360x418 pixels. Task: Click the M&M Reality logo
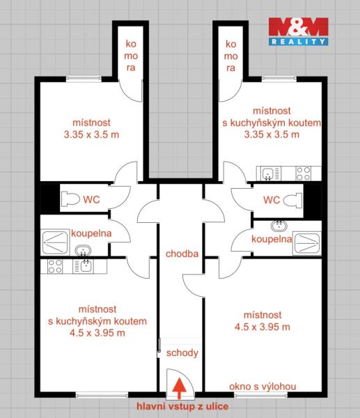[x=298, y=31]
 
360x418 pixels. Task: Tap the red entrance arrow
[x=179, y=388]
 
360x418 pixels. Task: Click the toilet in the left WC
[x=70, y=199]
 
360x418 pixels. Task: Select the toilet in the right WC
[x=292, y=201]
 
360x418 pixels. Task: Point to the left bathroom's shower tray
[x=55, y=242]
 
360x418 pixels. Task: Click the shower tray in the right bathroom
[x=306, y=243]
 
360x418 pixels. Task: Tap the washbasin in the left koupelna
[x=83, y=251]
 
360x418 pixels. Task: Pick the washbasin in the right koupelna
[x=279, y=226]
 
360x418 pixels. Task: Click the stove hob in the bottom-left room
[x=55, y=266]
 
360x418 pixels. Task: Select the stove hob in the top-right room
[x=303, y=173]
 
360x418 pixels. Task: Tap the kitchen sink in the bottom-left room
[x=84, y=266]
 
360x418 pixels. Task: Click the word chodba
[x=182, y=254]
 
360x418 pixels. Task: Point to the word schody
[x=182, y=353]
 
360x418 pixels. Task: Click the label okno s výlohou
[x=263, y=386]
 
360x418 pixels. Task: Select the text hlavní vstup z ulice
[x=182, y=406]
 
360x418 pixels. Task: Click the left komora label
[x=131, y=56]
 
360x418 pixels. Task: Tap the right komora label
[x=230, y=56]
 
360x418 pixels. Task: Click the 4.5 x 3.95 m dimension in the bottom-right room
[x=263, y=327]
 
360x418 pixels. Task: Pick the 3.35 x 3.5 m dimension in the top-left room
[x=91, y=134]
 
